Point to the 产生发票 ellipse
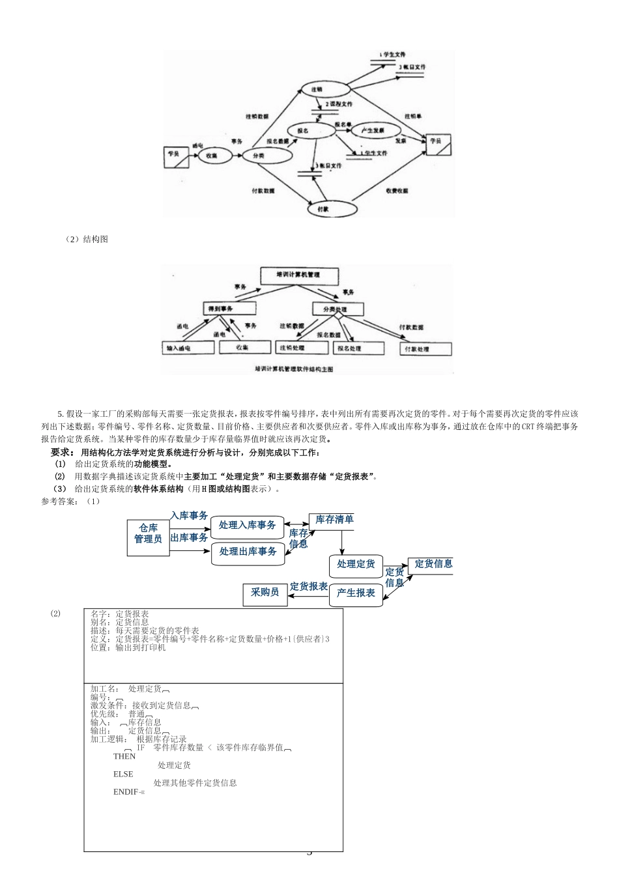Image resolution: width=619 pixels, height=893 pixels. coord(372,130)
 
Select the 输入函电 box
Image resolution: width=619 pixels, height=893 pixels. coord(188,348)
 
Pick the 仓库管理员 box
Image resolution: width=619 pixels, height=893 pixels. coord(148,533)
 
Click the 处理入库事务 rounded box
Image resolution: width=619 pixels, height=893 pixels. coord(247,525)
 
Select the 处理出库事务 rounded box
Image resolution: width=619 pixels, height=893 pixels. coord(248,552)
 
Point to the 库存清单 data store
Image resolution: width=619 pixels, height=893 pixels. coord(334,520)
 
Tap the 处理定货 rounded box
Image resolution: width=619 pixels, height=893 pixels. coord(356,565)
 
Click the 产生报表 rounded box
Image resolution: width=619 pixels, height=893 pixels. coord(356,593)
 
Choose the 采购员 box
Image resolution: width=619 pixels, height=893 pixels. coord(265,592)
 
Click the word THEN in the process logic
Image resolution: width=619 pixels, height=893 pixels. coord(124,756)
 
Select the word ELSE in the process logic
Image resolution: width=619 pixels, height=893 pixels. coord(123,774)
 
